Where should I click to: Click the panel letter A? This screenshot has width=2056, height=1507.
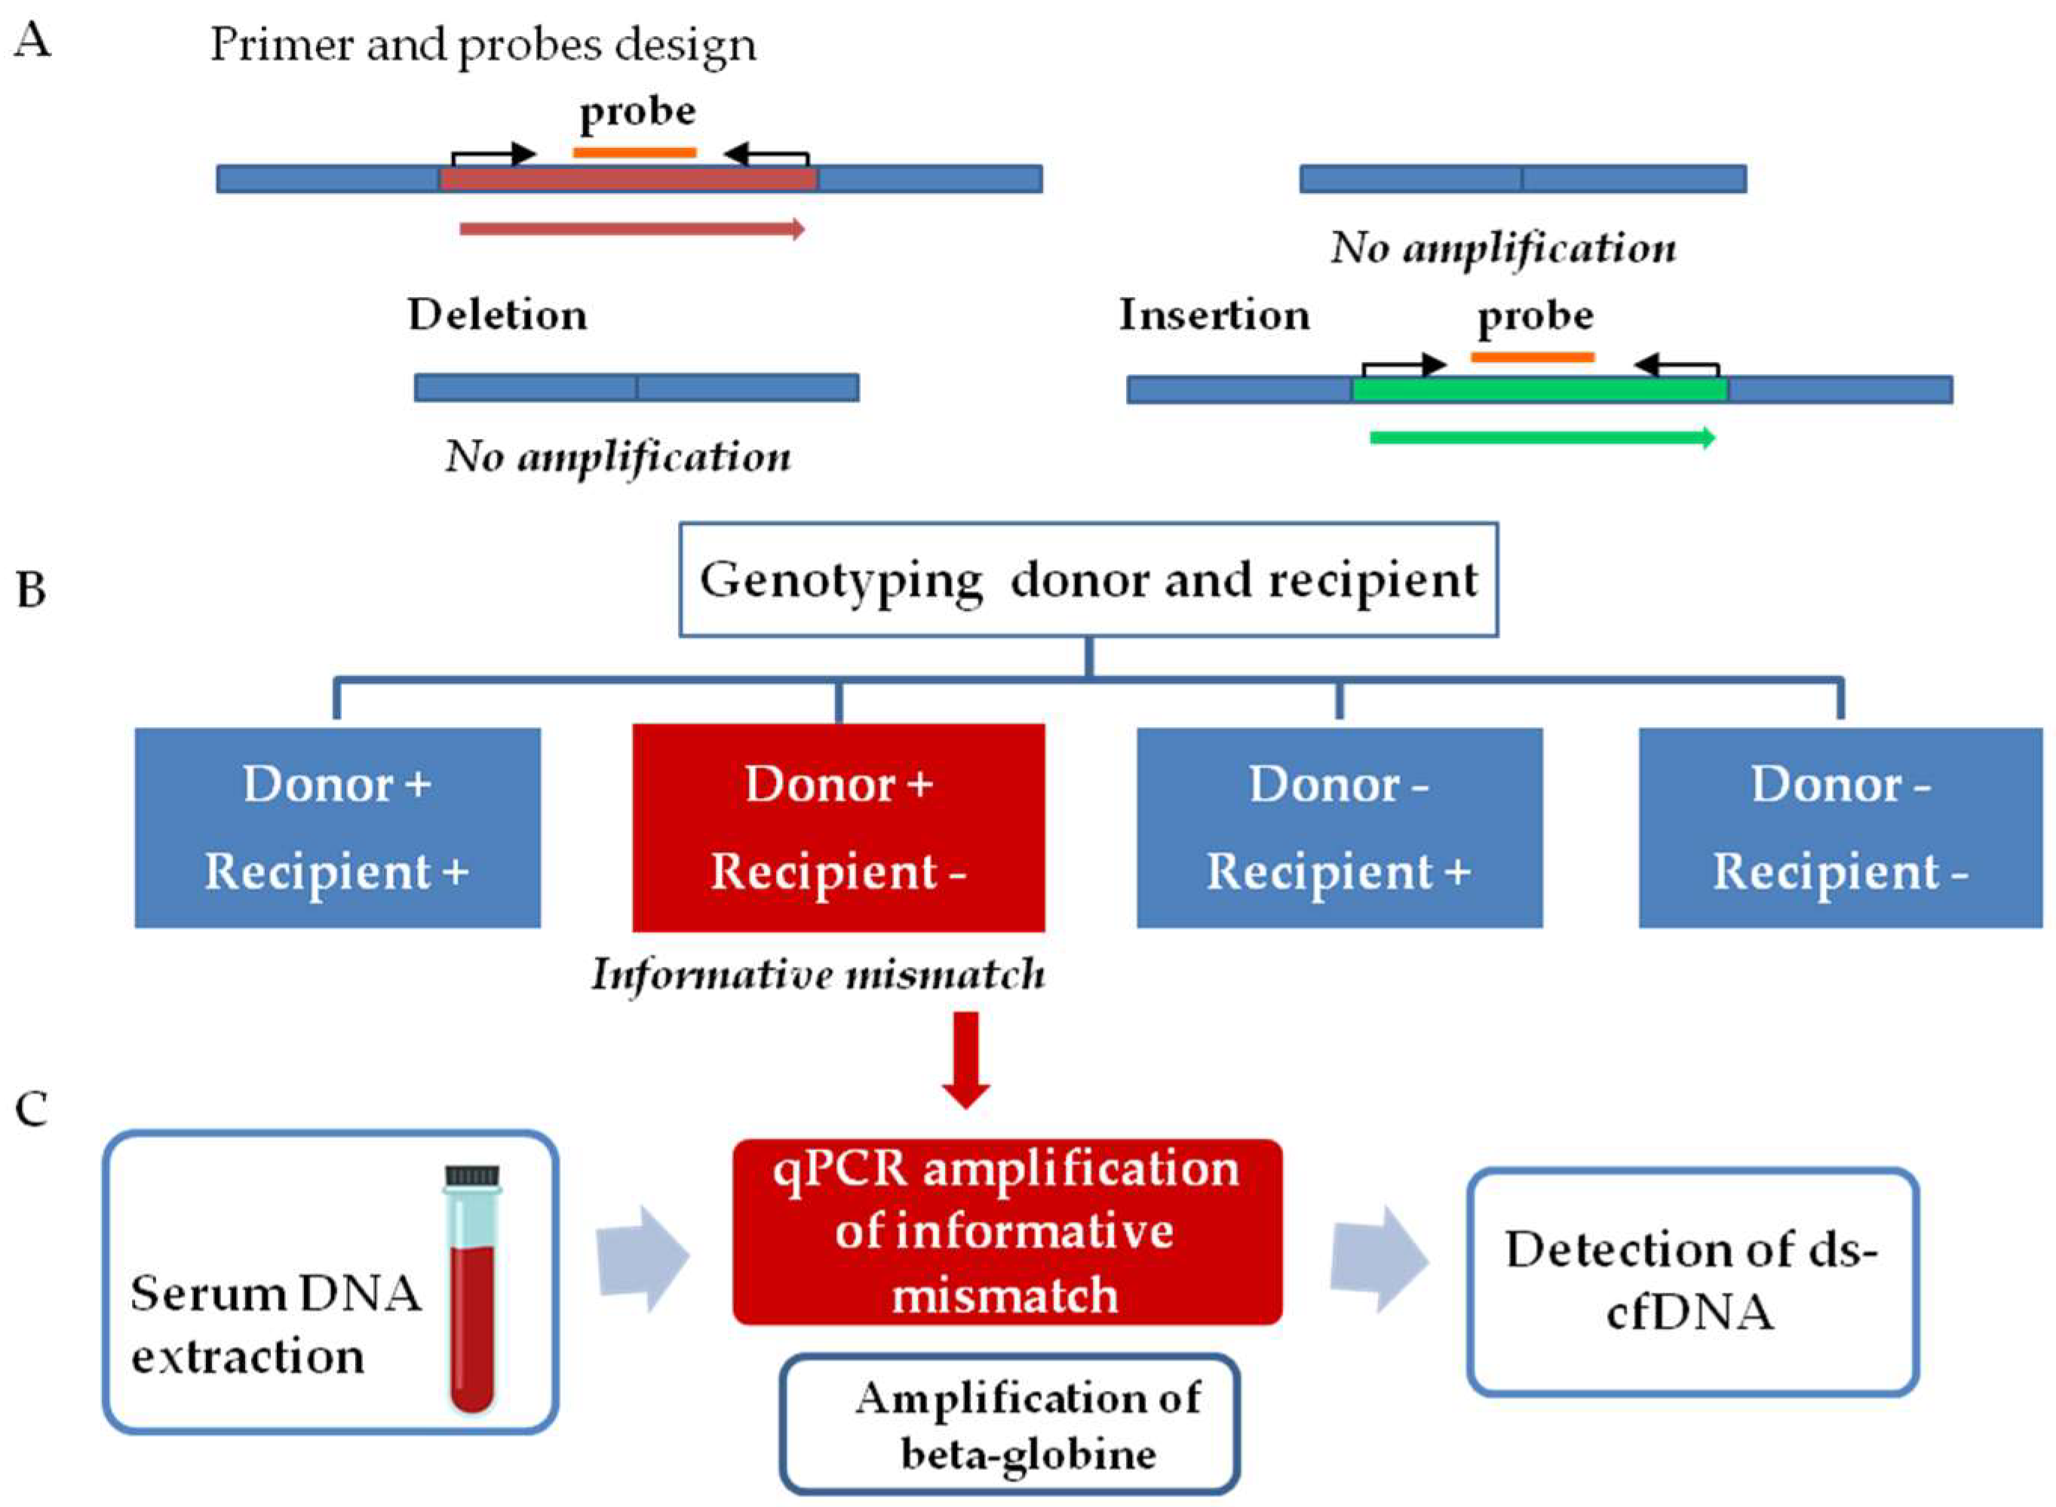tap(33, 41)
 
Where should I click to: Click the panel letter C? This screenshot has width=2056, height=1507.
tap(32, 1110)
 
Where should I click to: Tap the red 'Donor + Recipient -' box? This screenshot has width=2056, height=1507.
tap(837, 827)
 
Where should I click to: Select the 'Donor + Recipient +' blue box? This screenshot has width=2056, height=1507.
tap(336, 827)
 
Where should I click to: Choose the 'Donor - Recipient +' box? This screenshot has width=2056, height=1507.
tap(1338, 827)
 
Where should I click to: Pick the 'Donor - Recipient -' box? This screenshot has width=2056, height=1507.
tap(1839, 827)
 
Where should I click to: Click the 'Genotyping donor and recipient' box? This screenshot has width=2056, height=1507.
tap(1088, 579)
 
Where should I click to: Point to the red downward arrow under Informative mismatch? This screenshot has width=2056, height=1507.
tap(965, 1059)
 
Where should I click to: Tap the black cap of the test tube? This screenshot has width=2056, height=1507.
tap(471, 1174)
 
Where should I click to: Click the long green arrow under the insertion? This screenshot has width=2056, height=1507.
tap(1542, 438)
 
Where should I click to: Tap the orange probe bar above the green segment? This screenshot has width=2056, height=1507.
tap(1532, 357)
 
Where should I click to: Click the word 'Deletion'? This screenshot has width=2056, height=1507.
tap(497, 315)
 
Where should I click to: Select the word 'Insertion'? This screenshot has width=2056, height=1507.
tap(1214, 315)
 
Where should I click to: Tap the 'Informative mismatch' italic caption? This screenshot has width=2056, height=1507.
tap(818, 974)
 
